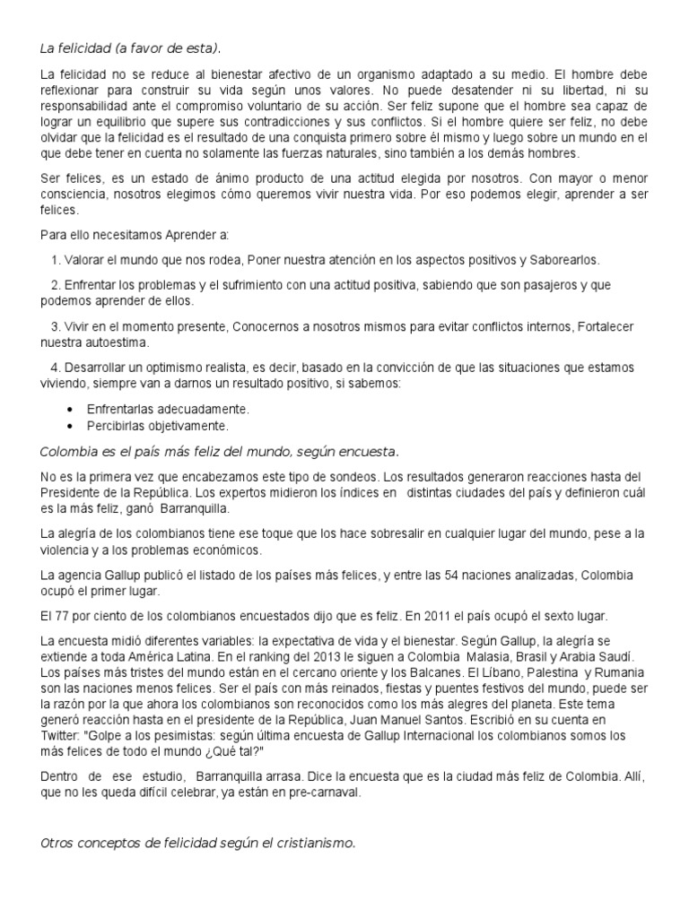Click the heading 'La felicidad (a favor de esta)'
click(x=130, y=47)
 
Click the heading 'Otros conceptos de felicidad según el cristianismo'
click(x=199, y=843)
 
